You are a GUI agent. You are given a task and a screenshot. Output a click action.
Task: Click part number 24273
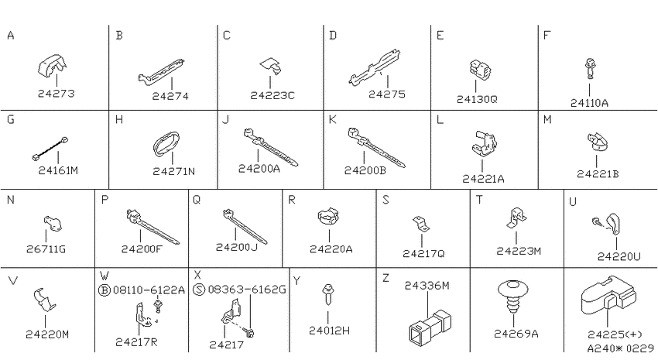tap(57, 93)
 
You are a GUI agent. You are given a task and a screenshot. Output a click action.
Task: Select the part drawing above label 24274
tap(162, 71)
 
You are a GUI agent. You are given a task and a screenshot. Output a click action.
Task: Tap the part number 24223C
tap(272, 96)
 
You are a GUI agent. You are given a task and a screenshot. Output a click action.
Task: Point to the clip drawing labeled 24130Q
tap(480, 70)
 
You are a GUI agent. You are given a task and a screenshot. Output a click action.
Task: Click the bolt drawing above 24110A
tap(590, 69)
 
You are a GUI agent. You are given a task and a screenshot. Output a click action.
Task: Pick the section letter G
tap(11, 119)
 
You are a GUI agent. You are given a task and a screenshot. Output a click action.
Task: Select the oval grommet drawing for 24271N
tap(166, 144)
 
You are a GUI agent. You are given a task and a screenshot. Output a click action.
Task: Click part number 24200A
tap(259, 169)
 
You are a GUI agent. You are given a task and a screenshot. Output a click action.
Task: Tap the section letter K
tap(332, 120)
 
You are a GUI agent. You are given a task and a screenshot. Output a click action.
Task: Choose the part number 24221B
tap(598, 173)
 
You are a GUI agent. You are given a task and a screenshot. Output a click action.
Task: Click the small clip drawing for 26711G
tap(53, 223)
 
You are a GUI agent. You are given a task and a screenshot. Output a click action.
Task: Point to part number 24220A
tap(331, 249)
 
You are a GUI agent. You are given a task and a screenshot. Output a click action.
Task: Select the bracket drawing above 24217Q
tap(421, 225)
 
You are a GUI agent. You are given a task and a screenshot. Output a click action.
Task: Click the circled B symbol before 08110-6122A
tap(103, 290)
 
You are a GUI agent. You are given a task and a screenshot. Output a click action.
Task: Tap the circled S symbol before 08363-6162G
tap(199, 290)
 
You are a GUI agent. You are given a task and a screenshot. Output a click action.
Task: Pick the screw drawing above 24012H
tap(327, 294)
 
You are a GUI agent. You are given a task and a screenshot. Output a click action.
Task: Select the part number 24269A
tap(516, 334)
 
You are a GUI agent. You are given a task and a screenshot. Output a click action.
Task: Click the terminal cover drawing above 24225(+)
tap(608, 296)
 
